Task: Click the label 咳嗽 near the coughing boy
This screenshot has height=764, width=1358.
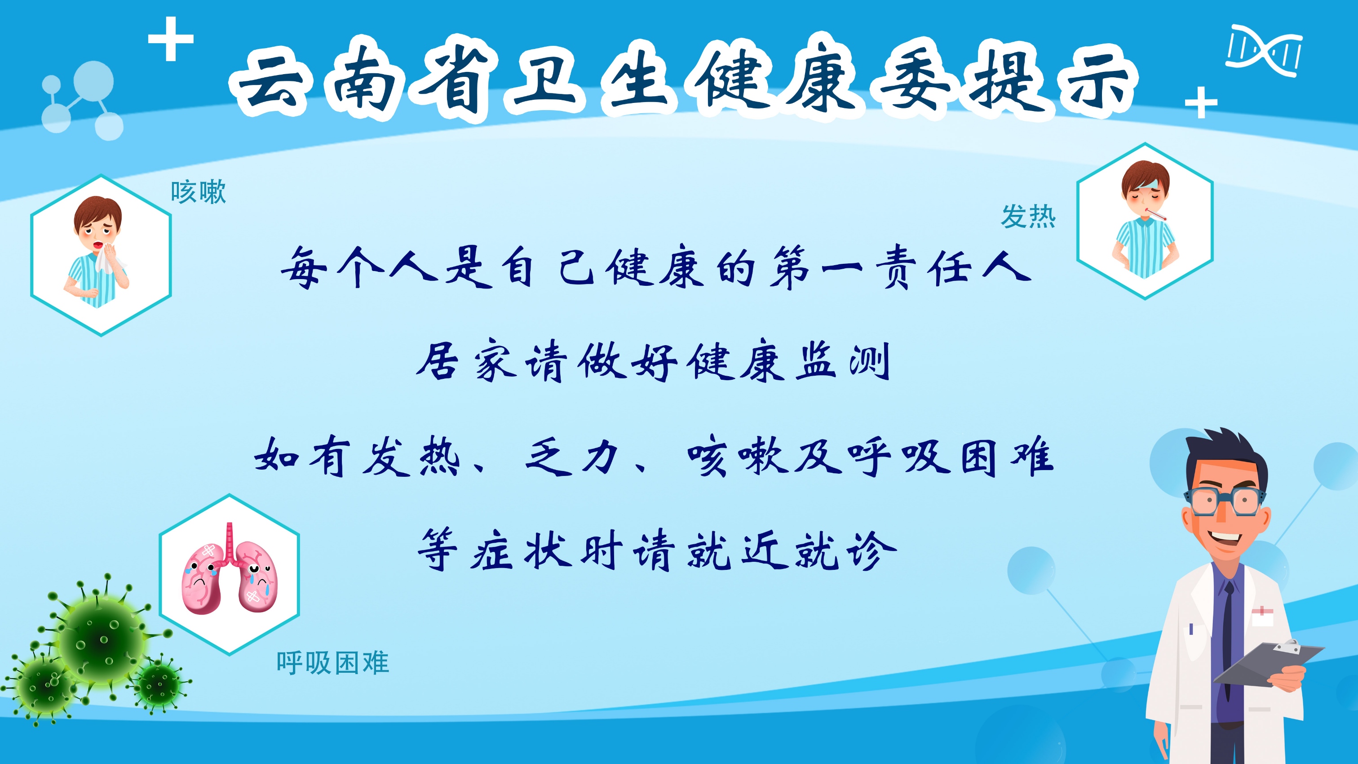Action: point(198,192)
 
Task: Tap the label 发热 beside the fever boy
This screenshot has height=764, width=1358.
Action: point(1029,216)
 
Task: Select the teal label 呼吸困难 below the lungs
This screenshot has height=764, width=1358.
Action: point(332,663)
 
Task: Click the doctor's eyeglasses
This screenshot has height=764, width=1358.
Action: point(1225,499)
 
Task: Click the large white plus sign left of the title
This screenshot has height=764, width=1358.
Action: point(171,39)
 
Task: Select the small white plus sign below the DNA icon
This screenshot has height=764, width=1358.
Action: point(1201,102)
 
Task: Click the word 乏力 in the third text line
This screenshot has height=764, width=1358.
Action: point(572,457)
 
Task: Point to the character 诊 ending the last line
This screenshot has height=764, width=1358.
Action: point(871,550)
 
